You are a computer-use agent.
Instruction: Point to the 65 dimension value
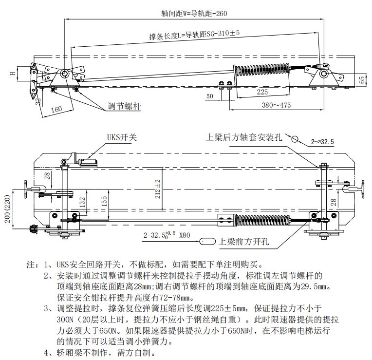click(x=362, y=80)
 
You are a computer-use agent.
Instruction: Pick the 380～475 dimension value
click(x=269, y=105)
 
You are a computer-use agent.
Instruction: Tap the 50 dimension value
click(x=209, y=96)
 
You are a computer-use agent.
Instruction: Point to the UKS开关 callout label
click(x=122, y=137)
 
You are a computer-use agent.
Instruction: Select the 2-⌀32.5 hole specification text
click(x=322, y=142)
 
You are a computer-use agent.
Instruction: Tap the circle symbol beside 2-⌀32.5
click(x=295, y=139)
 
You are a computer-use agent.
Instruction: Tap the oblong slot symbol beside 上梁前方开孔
click(x=208, y=241)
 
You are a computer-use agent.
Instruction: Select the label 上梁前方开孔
click(x=244, y=241)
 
